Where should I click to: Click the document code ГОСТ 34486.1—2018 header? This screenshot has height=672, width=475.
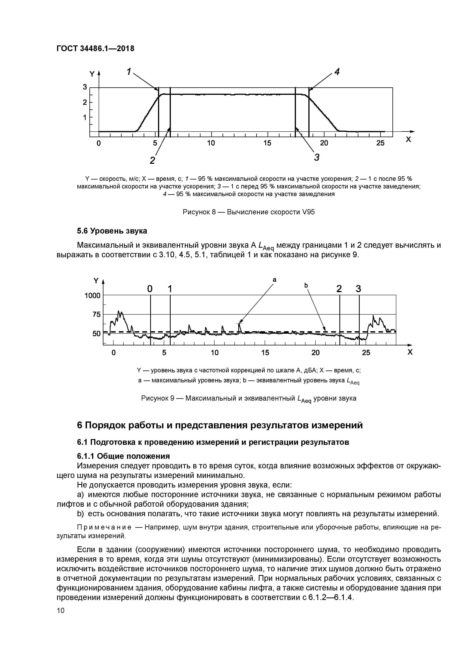(95, 49)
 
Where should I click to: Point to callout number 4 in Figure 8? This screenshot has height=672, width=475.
(337, 71)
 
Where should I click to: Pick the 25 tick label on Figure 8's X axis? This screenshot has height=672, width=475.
(380, 143)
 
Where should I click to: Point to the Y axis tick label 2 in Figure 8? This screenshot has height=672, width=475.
(85, 102)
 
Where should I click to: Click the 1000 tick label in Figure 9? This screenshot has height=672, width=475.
(93, 296)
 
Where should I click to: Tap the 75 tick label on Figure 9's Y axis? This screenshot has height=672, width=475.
(96, 315)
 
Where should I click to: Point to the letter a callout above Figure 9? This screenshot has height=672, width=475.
(274, 280)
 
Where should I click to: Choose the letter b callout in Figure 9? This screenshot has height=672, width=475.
(306, 285)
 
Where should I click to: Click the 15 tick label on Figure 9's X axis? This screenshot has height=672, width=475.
(265, 353)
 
